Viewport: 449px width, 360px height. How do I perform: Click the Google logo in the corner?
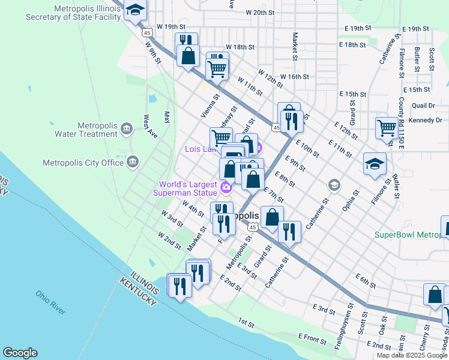[20, 353]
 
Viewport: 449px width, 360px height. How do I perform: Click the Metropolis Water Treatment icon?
[127, 128]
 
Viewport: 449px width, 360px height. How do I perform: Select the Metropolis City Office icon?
[133, 161]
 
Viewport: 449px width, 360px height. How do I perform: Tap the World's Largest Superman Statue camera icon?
[226, 188]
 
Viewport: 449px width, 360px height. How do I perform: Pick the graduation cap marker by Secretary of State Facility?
[136, 10]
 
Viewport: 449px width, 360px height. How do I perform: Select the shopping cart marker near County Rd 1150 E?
[386, 127]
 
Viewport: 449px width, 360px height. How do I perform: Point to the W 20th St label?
[260, 12]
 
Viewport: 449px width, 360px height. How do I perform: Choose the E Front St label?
[312, 340]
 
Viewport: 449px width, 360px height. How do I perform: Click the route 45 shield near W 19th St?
[147, 33]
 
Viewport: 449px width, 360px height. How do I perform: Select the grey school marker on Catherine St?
[334, 185]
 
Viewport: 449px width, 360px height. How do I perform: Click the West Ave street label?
[150, 127]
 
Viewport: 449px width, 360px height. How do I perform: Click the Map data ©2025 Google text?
[411, 355]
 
